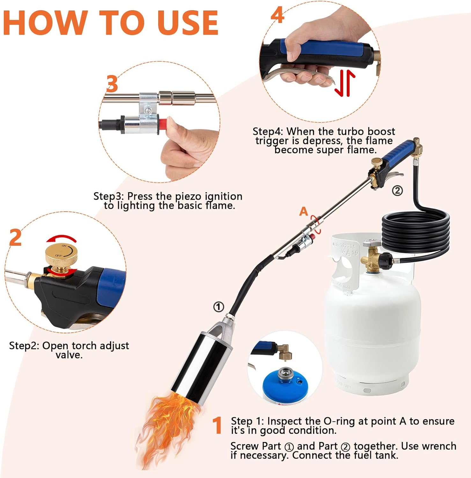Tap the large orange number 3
112,84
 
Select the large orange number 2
16,237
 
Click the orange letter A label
304,211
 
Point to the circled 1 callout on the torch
218,307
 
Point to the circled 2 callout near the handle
397,191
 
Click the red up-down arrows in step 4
345,83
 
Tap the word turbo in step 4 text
351,131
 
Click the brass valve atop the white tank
371,258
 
